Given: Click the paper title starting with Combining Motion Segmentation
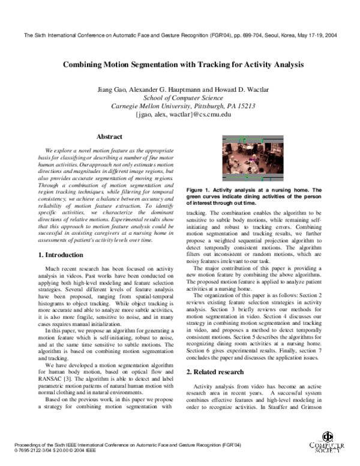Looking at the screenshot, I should [180, 64].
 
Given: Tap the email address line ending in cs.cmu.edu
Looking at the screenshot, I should [179, 113].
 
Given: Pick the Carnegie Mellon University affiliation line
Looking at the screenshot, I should [179, 106].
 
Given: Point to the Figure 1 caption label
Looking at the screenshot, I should [203, 191].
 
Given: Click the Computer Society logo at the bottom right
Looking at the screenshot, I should [329, 444].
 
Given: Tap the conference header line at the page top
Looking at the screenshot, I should [180, 35].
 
